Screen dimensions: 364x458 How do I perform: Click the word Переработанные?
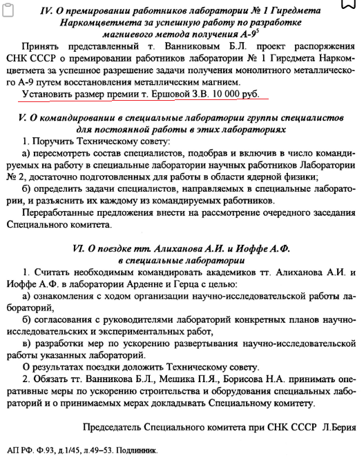[x=59, y=212]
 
